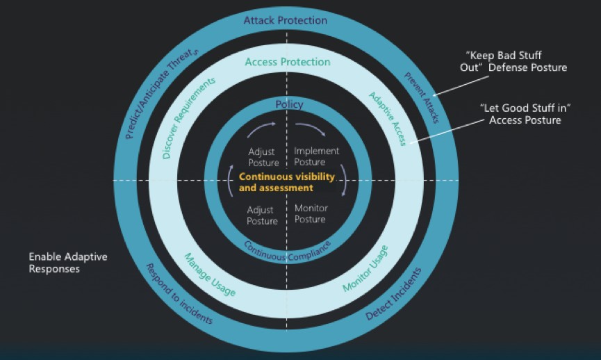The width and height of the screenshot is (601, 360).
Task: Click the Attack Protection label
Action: tap(285, 20)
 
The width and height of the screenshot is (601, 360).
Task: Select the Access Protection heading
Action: tap(288, 62)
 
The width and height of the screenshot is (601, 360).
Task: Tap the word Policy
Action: tap(289, 104)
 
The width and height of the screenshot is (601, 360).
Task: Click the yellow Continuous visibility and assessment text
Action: tap(286, 182)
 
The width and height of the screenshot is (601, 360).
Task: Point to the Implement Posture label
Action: tap(316, 156)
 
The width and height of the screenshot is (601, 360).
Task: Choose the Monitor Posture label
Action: tap(311, 214)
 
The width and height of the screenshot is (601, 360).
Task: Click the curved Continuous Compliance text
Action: tap(287, 251)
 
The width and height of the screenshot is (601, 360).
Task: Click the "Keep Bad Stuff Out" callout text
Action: tap(516, 61)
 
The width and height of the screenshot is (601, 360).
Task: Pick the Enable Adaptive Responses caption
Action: tap(68, 263)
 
